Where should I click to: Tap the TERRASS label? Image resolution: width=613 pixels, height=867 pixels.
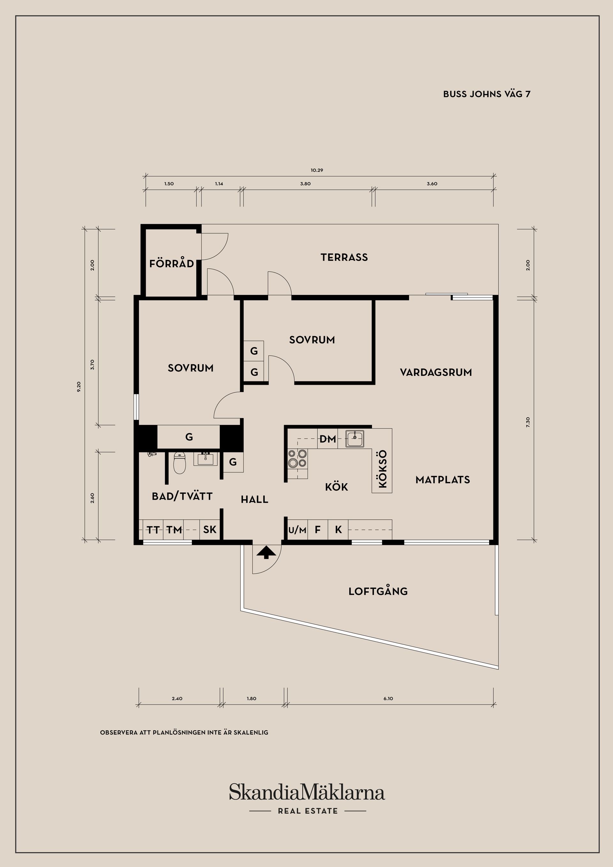click(x=344, y=258)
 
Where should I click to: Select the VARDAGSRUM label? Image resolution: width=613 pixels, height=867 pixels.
click(x=436, y=373)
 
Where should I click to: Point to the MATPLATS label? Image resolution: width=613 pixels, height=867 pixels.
click(x=443, y=480)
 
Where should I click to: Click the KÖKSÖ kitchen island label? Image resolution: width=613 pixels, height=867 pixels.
click(x=382, y=469)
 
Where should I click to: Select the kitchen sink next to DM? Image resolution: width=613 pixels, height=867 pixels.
click(x=354, y=438)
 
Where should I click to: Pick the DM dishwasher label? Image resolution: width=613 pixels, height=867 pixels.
click(x=328, y=439)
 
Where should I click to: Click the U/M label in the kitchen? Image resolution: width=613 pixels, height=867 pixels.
click(x=297, y=530)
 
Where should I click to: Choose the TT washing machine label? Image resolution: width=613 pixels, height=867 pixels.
click(x=153, y=530)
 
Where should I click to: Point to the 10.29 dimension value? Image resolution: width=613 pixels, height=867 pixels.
click(x=317, y=170)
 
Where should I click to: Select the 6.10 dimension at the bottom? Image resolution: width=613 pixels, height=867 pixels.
click(x=388, y=698)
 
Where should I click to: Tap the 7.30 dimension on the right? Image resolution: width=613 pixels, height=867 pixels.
click(x=528, y=422)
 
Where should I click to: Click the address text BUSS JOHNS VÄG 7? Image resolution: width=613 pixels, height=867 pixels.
click(x=487, y=94)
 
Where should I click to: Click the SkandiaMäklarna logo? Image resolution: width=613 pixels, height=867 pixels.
click(x=307, y=792)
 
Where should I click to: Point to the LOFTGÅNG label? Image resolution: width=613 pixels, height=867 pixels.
click(x=378, y=591)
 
